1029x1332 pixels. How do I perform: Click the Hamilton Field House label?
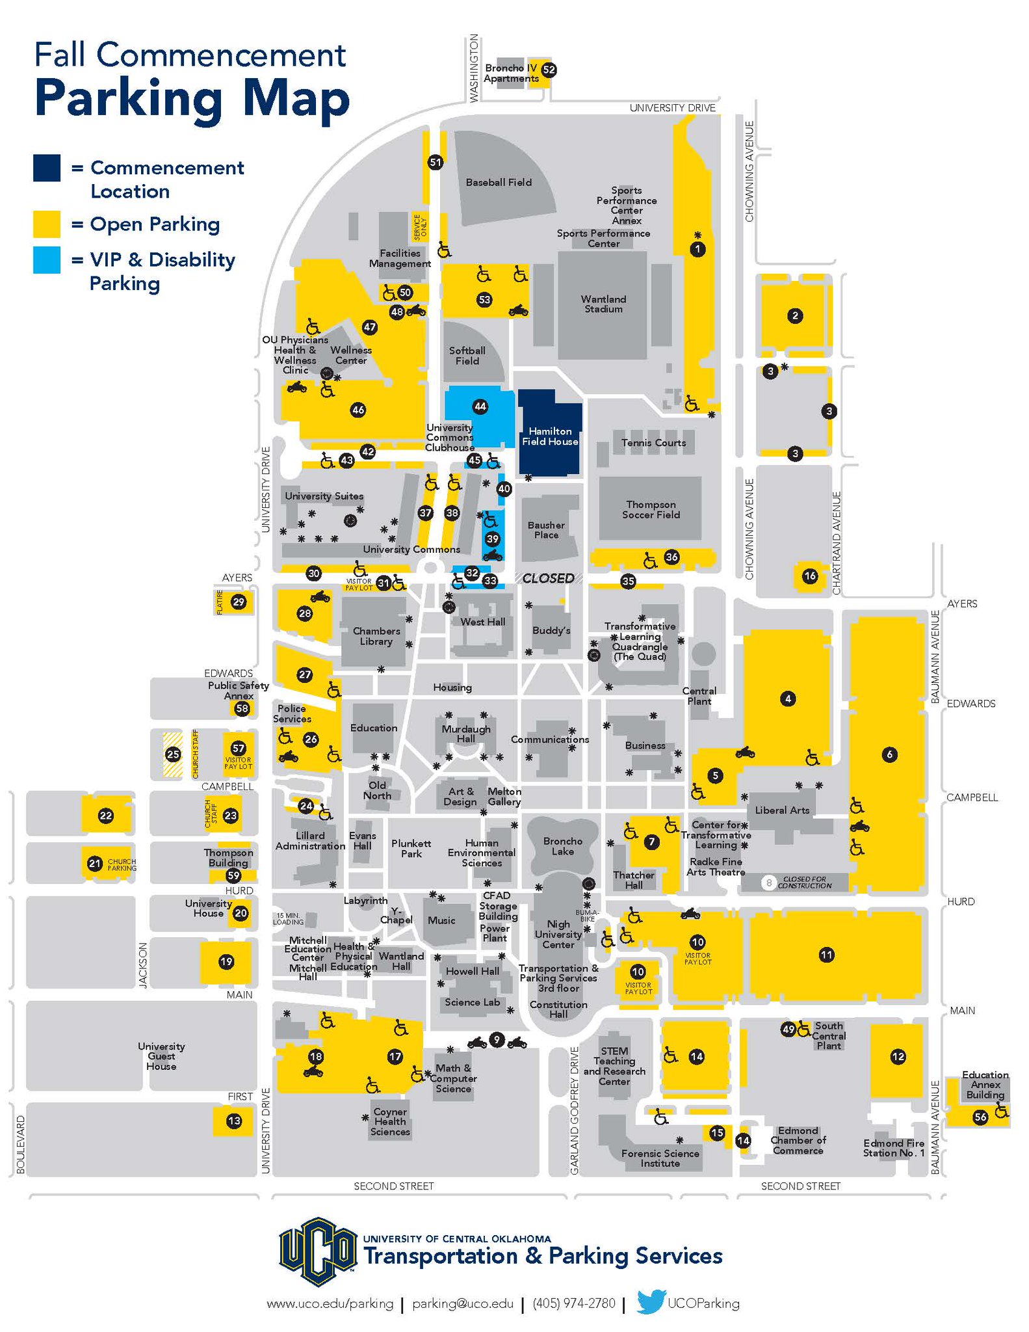point(550,436)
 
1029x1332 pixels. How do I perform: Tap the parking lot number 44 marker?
point(480,406)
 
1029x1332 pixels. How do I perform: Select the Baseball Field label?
point(499,183)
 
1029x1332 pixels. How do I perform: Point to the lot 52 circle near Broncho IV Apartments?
point(549,70)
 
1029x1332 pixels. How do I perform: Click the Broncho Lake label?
point(563,846)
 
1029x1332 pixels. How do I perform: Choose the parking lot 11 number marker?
point(826,955)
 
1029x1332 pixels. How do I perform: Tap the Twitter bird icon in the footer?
point(651,1302)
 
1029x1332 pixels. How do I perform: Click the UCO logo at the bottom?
point(318,1251)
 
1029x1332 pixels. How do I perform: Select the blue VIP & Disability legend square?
point(47,260)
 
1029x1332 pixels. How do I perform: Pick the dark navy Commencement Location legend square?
point(47,168)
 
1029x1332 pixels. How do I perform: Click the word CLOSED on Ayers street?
point(548,578)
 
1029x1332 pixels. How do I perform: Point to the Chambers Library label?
point(376,636)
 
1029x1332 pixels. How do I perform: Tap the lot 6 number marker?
point(889,754)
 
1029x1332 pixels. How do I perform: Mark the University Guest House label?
point(161,1056)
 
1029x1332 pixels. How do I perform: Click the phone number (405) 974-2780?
point(573,1303)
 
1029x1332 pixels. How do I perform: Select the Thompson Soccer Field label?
point(651,509)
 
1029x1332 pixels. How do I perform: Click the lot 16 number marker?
point(809,576)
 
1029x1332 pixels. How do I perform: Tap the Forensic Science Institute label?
point(660,1158)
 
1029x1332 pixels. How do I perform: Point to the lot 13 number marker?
point(234,1121)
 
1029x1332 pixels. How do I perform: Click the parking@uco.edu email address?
point(463,1303)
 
